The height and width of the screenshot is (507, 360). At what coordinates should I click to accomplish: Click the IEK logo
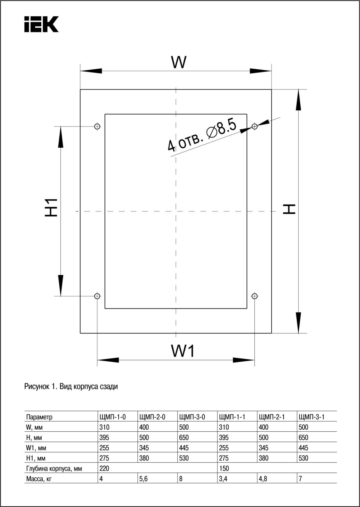pyautogui.click(x=41, y=24)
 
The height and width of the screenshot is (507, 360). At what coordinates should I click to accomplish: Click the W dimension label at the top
pyautogui.click(x=179, y=62)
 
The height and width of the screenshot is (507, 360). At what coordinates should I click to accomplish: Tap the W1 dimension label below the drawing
pyautogui.click(x=183, y=351)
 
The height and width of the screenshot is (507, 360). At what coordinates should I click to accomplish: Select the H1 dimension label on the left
pyautogui.click(x=51, y=208)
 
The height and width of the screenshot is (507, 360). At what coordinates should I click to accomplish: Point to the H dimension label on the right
pyautogui.click(x=289, y=209)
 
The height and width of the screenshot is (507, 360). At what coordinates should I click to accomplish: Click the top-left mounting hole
pyautogui.click(x=97, y=126)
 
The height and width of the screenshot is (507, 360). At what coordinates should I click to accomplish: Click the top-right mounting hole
pyautogui.click(x=255, y=126)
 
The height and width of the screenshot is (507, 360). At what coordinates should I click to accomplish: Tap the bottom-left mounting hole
pyautogui.click(x=97, y=296)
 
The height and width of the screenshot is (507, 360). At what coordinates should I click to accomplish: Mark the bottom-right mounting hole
pyautogui.click(x=255, y=296)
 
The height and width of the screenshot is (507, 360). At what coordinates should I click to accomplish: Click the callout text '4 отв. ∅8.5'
pyautogui.click(x=202, y=135)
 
